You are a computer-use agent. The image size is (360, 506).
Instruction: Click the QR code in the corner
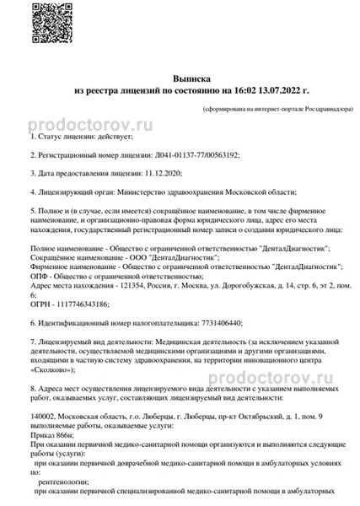point(36,24)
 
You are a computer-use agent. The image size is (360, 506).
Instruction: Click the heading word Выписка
point(180,75)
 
